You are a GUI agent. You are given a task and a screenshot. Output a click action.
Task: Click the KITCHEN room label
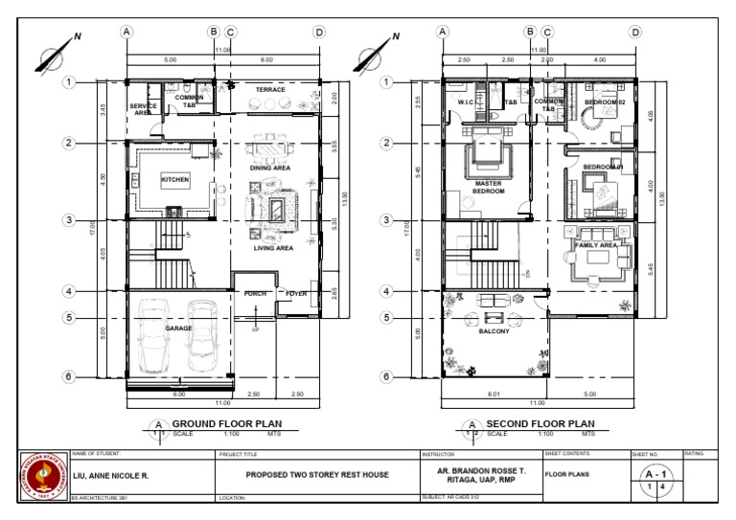174,179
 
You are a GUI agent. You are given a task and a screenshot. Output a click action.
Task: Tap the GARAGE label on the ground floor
177,328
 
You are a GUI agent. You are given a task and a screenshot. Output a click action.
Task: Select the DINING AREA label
269,168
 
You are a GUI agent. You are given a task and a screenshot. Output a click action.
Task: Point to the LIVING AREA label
272,248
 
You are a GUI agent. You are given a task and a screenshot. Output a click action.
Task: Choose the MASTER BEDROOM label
488,186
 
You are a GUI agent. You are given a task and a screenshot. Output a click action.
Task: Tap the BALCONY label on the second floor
494,331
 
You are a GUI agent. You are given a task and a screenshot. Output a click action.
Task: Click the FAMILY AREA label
595,245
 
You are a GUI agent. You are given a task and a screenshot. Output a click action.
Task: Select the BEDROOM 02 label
607,101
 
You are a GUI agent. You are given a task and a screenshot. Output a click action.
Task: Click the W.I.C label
467,102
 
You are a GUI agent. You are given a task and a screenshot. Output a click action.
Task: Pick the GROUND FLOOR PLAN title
226,423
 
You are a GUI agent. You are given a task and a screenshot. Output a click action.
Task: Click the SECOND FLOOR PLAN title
540,423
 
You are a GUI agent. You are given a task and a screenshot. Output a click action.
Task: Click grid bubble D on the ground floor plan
319,32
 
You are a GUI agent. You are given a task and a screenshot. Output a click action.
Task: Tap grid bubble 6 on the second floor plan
385,377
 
